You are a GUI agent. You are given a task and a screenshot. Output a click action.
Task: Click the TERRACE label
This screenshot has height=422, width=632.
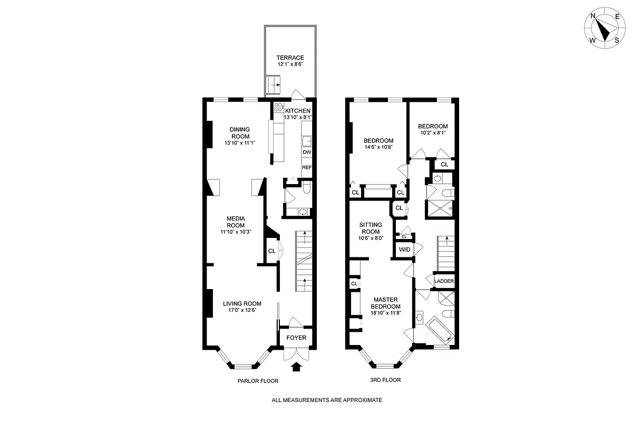pyautogui.click(x=290, y=58)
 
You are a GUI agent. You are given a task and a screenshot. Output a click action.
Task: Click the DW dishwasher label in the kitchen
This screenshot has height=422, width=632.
pyautogui.click(x=307, y=152)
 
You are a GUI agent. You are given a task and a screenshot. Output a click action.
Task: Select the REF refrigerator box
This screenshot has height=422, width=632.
pyautogui.click(x=307, y=167)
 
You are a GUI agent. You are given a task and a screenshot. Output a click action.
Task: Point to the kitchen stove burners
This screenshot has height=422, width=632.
pyautogui.click(x=278, y=107)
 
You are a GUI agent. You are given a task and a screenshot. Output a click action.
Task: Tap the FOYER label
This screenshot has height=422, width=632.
pyautogui.click(x=296, y=338)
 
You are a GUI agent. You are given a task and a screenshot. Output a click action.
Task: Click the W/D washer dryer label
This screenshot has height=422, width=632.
pyautogui.click(x=404, y=250)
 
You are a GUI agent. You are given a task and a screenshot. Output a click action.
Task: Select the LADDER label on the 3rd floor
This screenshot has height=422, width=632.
pyautogui.click(x=444, y=281)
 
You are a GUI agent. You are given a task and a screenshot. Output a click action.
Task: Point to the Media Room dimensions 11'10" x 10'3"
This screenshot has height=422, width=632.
pyautogui.click(x=237, y=232)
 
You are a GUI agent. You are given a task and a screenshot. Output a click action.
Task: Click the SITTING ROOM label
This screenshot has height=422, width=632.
pyautogui.click(x=370, y=228)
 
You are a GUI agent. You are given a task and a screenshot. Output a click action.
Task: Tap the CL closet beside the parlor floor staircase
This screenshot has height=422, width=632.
pyautogui.click(x=271, y=251)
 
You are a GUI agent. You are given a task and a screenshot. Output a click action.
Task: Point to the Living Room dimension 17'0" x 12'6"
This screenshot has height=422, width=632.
pyautogui.click(x=242, y=310)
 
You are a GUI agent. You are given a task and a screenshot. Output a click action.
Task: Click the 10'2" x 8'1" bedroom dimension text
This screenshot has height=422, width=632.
pyautogui.click(x=432, y=133)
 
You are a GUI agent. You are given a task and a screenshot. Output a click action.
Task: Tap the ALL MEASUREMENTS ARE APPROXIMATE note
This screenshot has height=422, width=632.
pyautogui.click(x=326, y=400)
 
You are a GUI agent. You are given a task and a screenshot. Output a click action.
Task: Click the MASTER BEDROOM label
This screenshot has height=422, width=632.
pyautogui.click(x=385, y=302)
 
